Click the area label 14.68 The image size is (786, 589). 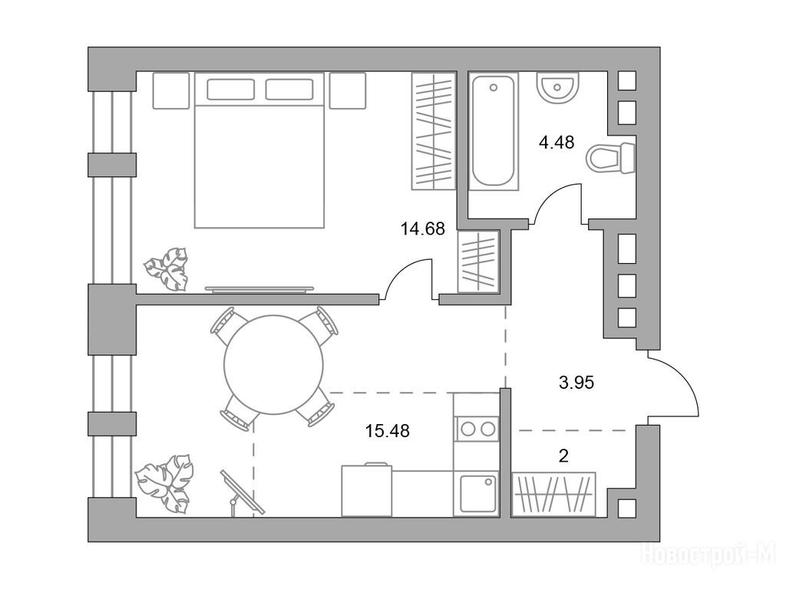pos(423,229)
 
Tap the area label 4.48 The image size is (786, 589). pos(556,143)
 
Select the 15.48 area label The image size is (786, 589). pos(388,430)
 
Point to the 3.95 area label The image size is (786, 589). pos(576,383)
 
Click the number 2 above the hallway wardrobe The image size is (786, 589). pos(563,456)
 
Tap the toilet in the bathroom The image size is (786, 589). pos(610,157)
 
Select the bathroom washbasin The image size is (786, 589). pos(557,88)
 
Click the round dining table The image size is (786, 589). pos(273,364)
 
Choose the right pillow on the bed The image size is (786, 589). pos(289,89)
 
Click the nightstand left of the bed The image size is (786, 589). pos(171,90)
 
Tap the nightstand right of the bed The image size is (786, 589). pos(348,90)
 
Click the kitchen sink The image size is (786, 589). pos(478,494)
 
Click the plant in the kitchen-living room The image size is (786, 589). pos(165,484)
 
